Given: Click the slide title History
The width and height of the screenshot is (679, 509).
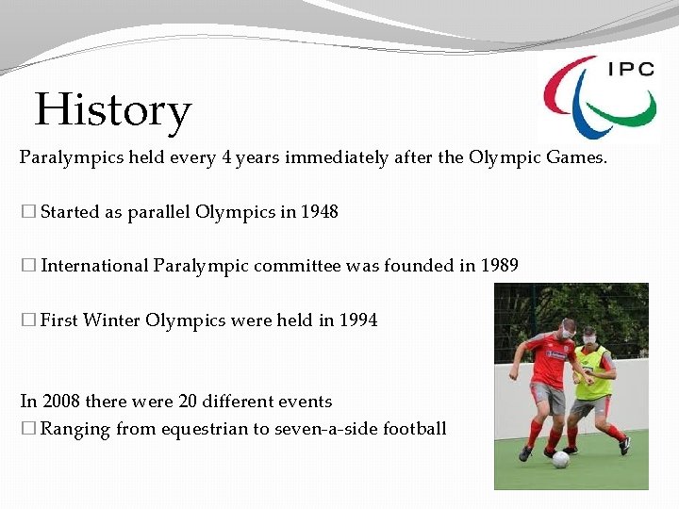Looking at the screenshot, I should (112, 110).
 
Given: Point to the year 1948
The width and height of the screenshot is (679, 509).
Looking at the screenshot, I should (319, 212).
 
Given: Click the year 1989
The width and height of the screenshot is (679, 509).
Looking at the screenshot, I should (499, 266).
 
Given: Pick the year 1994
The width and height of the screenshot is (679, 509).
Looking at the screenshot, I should (358, 320).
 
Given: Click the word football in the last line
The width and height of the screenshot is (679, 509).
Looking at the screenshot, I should (411, 430).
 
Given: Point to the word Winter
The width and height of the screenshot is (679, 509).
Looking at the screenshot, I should (111, 320).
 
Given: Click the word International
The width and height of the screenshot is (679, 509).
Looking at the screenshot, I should (94, 266).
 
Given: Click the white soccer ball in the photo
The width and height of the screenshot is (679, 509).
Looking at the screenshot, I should (560, 459).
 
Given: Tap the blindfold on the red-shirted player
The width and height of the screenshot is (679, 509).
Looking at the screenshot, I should (567, 329).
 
